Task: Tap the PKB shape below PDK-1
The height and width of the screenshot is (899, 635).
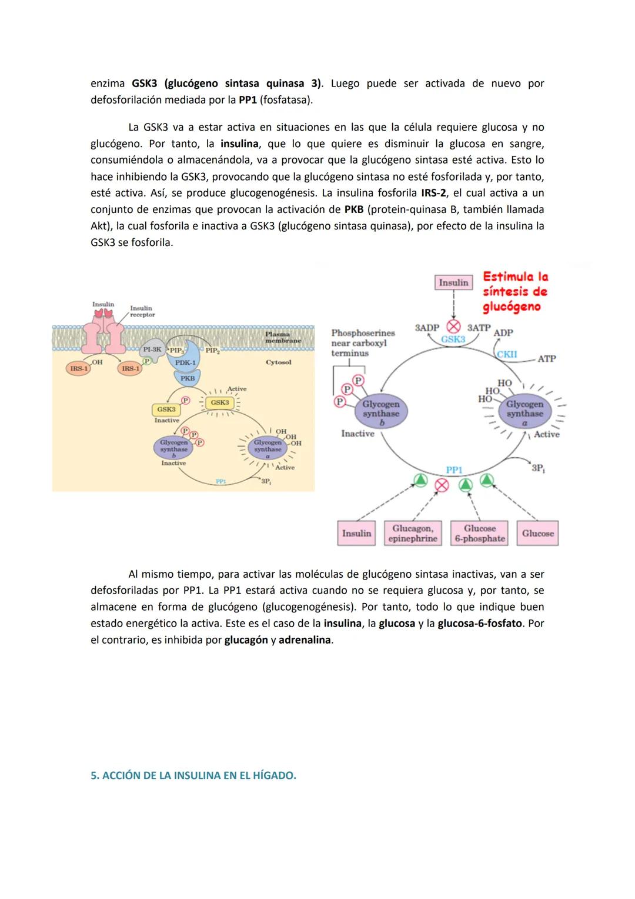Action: point(188,378)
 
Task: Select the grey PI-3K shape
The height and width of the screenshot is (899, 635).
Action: point(152,349)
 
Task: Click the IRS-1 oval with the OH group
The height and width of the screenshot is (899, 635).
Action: point(79,369)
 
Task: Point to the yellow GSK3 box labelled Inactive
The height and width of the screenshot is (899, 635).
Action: point(166,409)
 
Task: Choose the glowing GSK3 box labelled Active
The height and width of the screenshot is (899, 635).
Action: point(220,402)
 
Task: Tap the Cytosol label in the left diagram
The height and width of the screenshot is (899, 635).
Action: point(278,362)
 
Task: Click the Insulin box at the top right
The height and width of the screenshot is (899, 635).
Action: point(453,283)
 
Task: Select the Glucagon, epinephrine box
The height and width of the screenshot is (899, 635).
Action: point(412,533)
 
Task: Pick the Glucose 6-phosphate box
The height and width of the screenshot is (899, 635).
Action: point(480,533)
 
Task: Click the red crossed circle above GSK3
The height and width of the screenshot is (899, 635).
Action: point(454,326)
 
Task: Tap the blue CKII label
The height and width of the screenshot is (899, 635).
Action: point(507,354)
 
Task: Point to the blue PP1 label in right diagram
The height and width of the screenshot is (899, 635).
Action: point(454,470)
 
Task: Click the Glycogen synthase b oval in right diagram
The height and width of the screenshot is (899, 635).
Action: point(381,409)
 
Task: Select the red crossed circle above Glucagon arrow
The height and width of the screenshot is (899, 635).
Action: point(442,484)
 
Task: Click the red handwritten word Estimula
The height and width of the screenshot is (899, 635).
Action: point(508,277)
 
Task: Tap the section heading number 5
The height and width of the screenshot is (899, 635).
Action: point(93,775)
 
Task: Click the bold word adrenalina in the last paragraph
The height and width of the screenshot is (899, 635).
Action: point(305,640)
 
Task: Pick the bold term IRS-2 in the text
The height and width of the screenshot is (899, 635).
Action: point(433,193)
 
